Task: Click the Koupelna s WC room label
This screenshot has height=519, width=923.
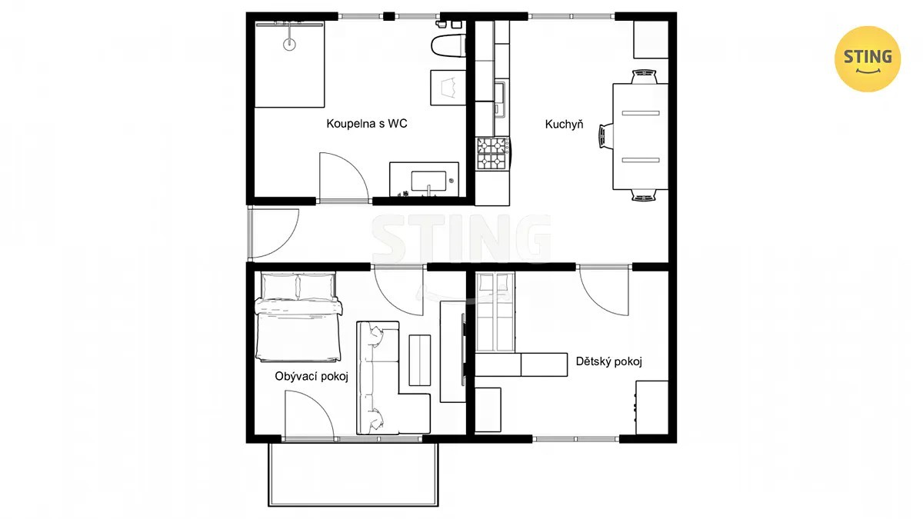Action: pyautogui.click(x=367, y=124)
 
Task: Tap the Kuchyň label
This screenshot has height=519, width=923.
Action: pyautogui.click(x=564, y=124)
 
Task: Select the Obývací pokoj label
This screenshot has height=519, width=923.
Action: pyautogui.click(x=312, y=377)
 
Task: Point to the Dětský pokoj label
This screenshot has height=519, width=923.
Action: pyautogui.click(x=609, y=361)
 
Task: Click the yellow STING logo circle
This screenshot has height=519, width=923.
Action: pyautogui.click(x=868, y=59)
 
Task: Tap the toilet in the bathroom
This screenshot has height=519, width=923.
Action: pyautogui.click(x=448, y=45)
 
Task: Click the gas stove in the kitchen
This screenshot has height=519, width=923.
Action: pyautogui.click(x=493, y=153)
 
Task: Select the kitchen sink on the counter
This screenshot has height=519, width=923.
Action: pyautogui.click(x=499, y=100)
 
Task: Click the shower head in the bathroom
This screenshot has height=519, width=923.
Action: pyautogui.click(x=289, y=44)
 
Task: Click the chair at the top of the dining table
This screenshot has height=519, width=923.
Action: pyautogui.click(x=644, y=77)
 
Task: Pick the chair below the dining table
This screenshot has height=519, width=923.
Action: pyautogui.click(x=644, y=195)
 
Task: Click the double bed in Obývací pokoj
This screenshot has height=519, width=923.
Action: pyautogui.click(x=298, y=317)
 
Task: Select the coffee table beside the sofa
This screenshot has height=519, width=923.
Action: pyautogui.click(x=419, y=360)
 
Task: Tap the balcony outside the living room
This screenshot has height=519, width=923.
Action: pyautogui.click(x=353, y=474)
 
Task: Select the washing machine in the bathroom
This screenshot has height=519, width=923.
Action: pyautogui.click(x=448, y=88)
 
